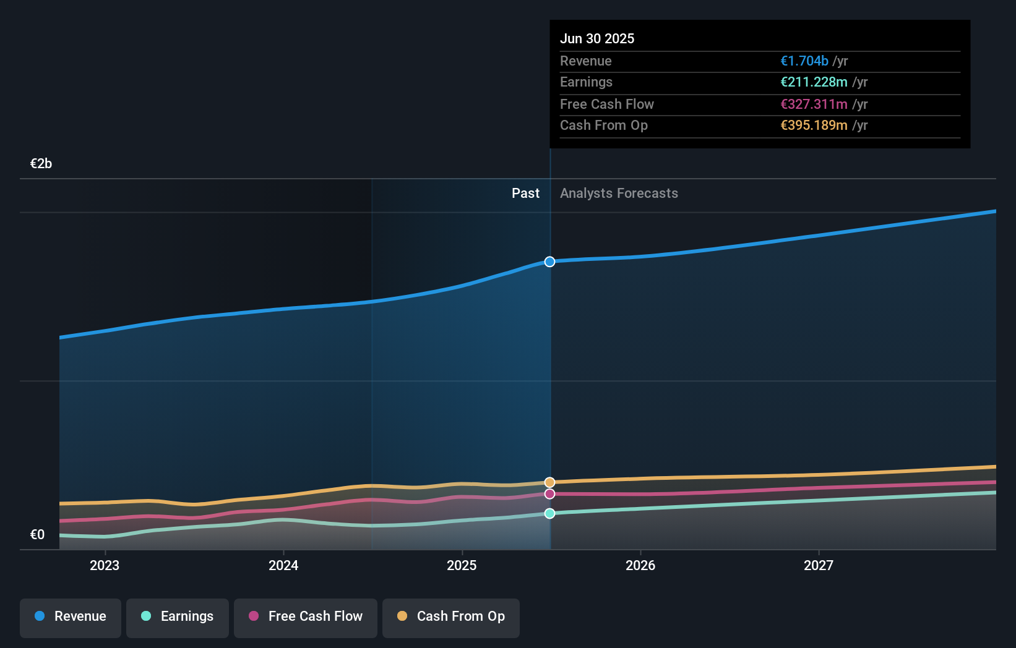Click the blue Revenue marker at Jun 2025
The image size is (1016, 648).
(x=549, y=262)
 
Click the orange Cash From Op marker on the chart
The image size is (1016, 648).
(x=549, y=482)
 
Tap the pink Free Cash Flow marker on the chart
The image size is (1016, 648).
(x=549, y=494)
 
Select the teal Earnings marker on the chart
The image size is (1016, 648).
(x=549, y=513)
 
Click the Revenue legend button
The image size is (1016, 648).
(x=71, y=617)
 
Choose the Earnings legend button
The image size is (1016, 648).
(x=178, y=617)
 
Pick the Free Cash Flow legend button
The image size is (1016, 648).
(x=306, y=617)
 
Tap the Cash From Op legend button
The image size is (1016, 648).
(x=451, y=617)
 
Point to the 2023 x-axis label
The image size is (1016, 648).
(x=105, y=565)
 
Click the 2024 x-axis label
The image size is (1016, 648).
(x=283, y=565)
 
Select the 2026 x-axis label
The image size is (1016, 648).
(x=640, y=565)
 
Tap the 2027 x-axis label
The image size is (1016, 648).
(x=819, y=565)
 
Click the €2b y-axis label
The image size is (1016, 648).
(x=41, y=164)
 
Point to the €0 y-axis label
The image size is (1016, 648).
(x=38, y=535)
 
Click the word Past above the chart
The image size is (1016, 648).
(x=525, y=194)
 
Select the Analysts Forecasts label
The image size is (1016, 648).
(x=619, y=194)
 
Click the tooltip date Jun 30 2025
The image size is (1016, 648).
(x=597, y=38)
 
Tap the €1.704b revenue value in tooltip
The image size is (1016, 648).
(x=804, y=61)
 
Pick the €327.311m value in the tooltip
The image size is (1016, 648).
(x=814, y=104)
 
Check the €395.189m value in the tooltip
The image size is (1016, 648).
(x=814, y=126)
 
